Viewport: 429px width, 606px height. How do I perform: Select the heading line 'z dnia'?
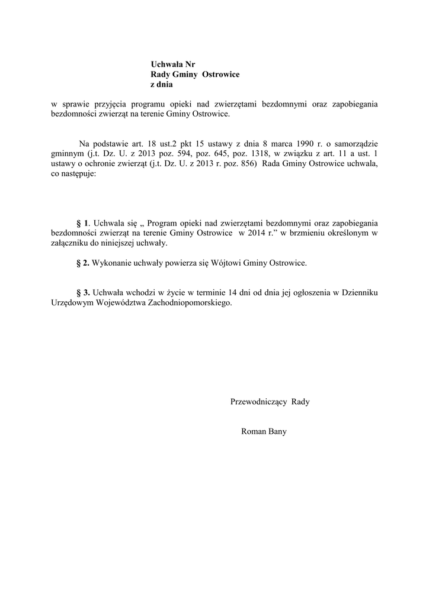(x=161, y=85)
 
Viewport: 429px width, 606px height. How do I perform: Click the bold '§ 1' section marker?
(x=82, y=223)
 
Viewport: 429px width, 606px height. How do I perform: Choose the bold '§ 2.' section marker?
(x=83, y=263)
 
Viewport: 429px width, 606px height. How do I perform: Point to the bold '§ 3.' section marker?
(x=83, y=292)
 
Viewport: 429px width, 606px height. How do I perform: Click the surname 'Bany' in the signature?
(x=277, y=431)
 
